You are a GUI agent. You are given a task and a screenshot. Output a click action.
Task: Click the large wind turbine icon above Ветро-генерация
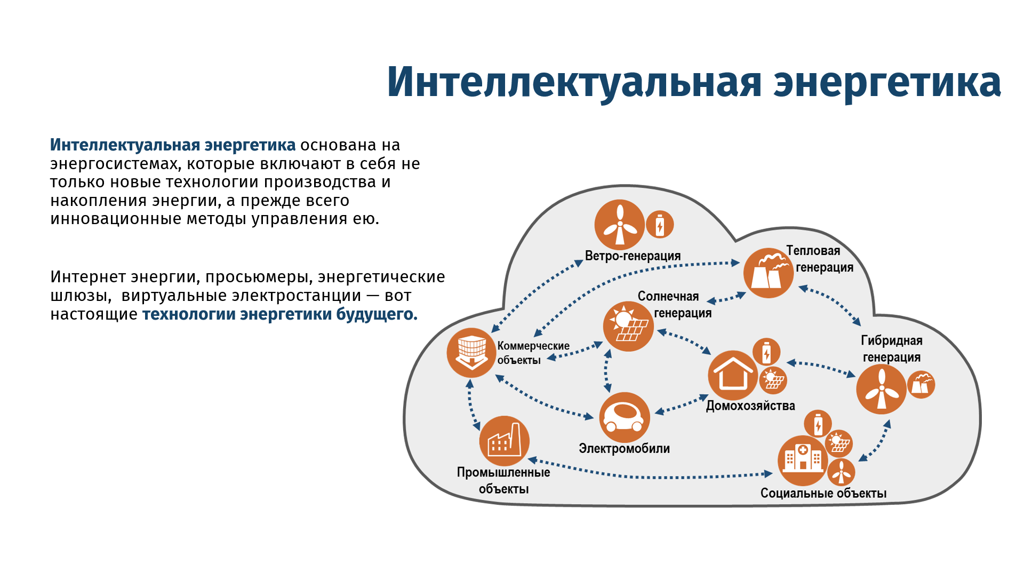tap(620, 225)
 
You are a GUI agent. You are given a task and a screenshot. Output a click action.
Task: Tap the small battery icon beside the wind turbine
tap(660, 224)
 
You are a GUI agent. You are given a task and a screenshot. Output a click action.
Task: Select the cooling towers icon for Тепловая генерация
tap(769, 273)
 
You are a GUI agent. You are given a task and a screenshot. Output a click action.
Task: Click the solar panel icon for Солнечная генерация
tap(628, 326)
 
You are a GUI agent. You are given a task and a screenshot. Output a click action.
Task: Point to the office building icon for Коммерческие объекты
tap(472, 353)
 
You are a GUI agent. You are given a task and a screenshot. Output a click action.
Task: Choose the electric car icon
tap(625, 417)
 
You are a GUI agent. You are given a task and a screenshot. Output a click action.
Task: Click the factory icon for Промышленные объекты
tap(505, 441)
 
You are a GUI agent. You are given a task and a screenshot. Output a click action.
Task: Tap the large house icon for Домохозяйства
tap(733, 375)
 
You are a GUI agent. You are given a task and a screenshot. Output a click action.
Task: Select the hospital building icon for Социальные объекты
tap(803, 460)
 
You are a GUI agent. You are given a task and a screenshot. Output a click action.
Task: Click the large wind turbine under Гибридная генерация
tap(882, 389)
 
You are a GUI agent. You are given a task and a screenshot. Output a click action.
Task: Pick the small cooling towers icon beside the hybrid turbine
tap(921, 384)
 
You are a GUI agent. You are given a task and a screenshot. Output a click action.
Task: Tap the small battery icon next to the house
tap(766, 352)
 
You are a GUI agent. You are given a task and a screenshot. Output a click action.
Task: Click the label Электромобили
tap(625, 449)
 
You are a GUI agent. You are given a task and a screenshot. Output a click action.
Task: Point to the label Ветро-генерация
tap(633, 256)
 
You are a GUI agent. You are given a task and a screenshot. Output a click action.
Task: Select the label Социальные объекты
tap(823, 494)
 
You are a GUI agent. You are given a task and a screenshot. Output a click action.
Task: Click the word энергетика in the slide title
tap(887, 83)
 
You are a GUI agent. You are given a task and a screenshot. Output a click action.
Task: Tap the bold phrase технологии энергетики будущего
tap(279, 314)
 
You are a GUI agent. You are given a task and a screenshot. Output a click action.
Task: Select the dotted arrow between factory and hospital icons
tap(650, 472)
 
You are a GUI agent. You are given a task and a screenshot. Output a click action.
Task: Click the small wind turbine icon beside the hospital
tap(842, 472)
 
